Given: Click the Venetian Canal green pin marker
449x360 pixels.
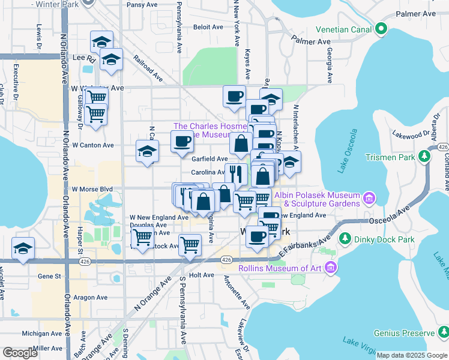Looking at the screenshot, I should click(x=381, y=28).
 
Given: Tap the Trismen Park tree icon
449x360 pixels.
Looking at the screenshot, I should click(x=424, y=157).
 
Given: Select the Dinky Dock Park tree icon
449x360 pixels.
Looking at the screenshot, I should click(x=345, y=239).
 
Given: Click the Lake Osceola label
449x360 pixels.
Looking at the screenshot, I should click(x=348, y=151).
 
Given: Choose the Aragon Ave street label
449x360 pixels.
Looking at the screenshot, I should click(x=89, y=297).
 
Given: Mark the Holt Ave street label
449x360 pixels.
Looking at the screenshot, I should click(x=201, y=275).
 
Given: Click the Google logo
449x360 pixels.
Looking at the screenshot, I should click(x=20, y=353).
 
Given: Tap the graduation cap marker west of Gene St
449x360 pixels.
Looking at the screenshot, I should click(x=23, y=249).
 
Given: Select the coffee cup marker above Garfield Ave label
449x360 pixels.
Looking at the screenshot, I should click(x=182, y=142).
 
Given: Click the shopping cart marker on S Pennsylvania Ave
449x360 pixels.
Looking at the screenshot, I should click(x=190, y=244).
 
